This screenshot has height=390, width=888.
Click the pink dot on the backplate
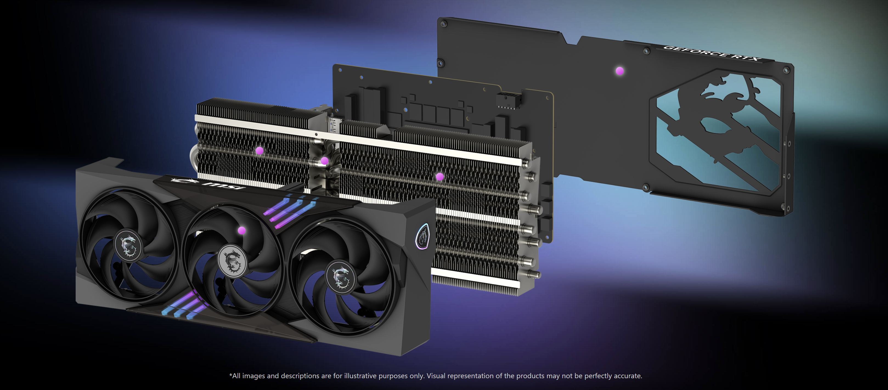620,71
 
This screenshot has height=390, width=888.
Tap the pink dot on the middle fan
242,230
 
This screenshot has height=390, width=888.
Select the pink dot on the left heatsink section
260,151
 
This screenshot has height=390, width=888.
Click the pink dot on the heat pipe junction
324,161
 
